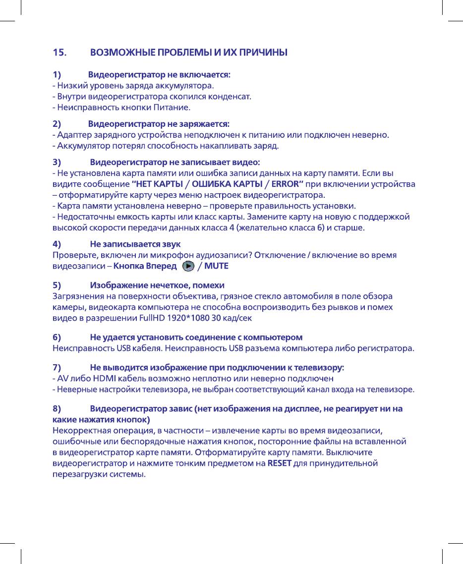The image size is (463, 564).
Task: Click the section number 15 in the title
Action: [59, 52]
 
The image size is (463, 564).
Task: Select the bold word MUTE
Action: [217, 267]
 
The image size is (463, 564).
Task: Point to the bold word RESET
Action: [280, 464]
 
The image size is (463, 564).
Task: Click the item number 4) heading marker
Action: [57, 244]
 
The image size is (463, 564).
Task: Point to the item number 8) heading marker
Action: [57, 409]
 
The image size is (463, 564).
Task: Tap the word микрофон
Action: [186, 255]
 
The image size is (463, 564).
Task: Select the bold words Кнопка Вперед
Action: [145, 267]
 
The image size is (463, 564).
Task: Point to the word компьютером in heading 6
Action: [276, 338]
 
